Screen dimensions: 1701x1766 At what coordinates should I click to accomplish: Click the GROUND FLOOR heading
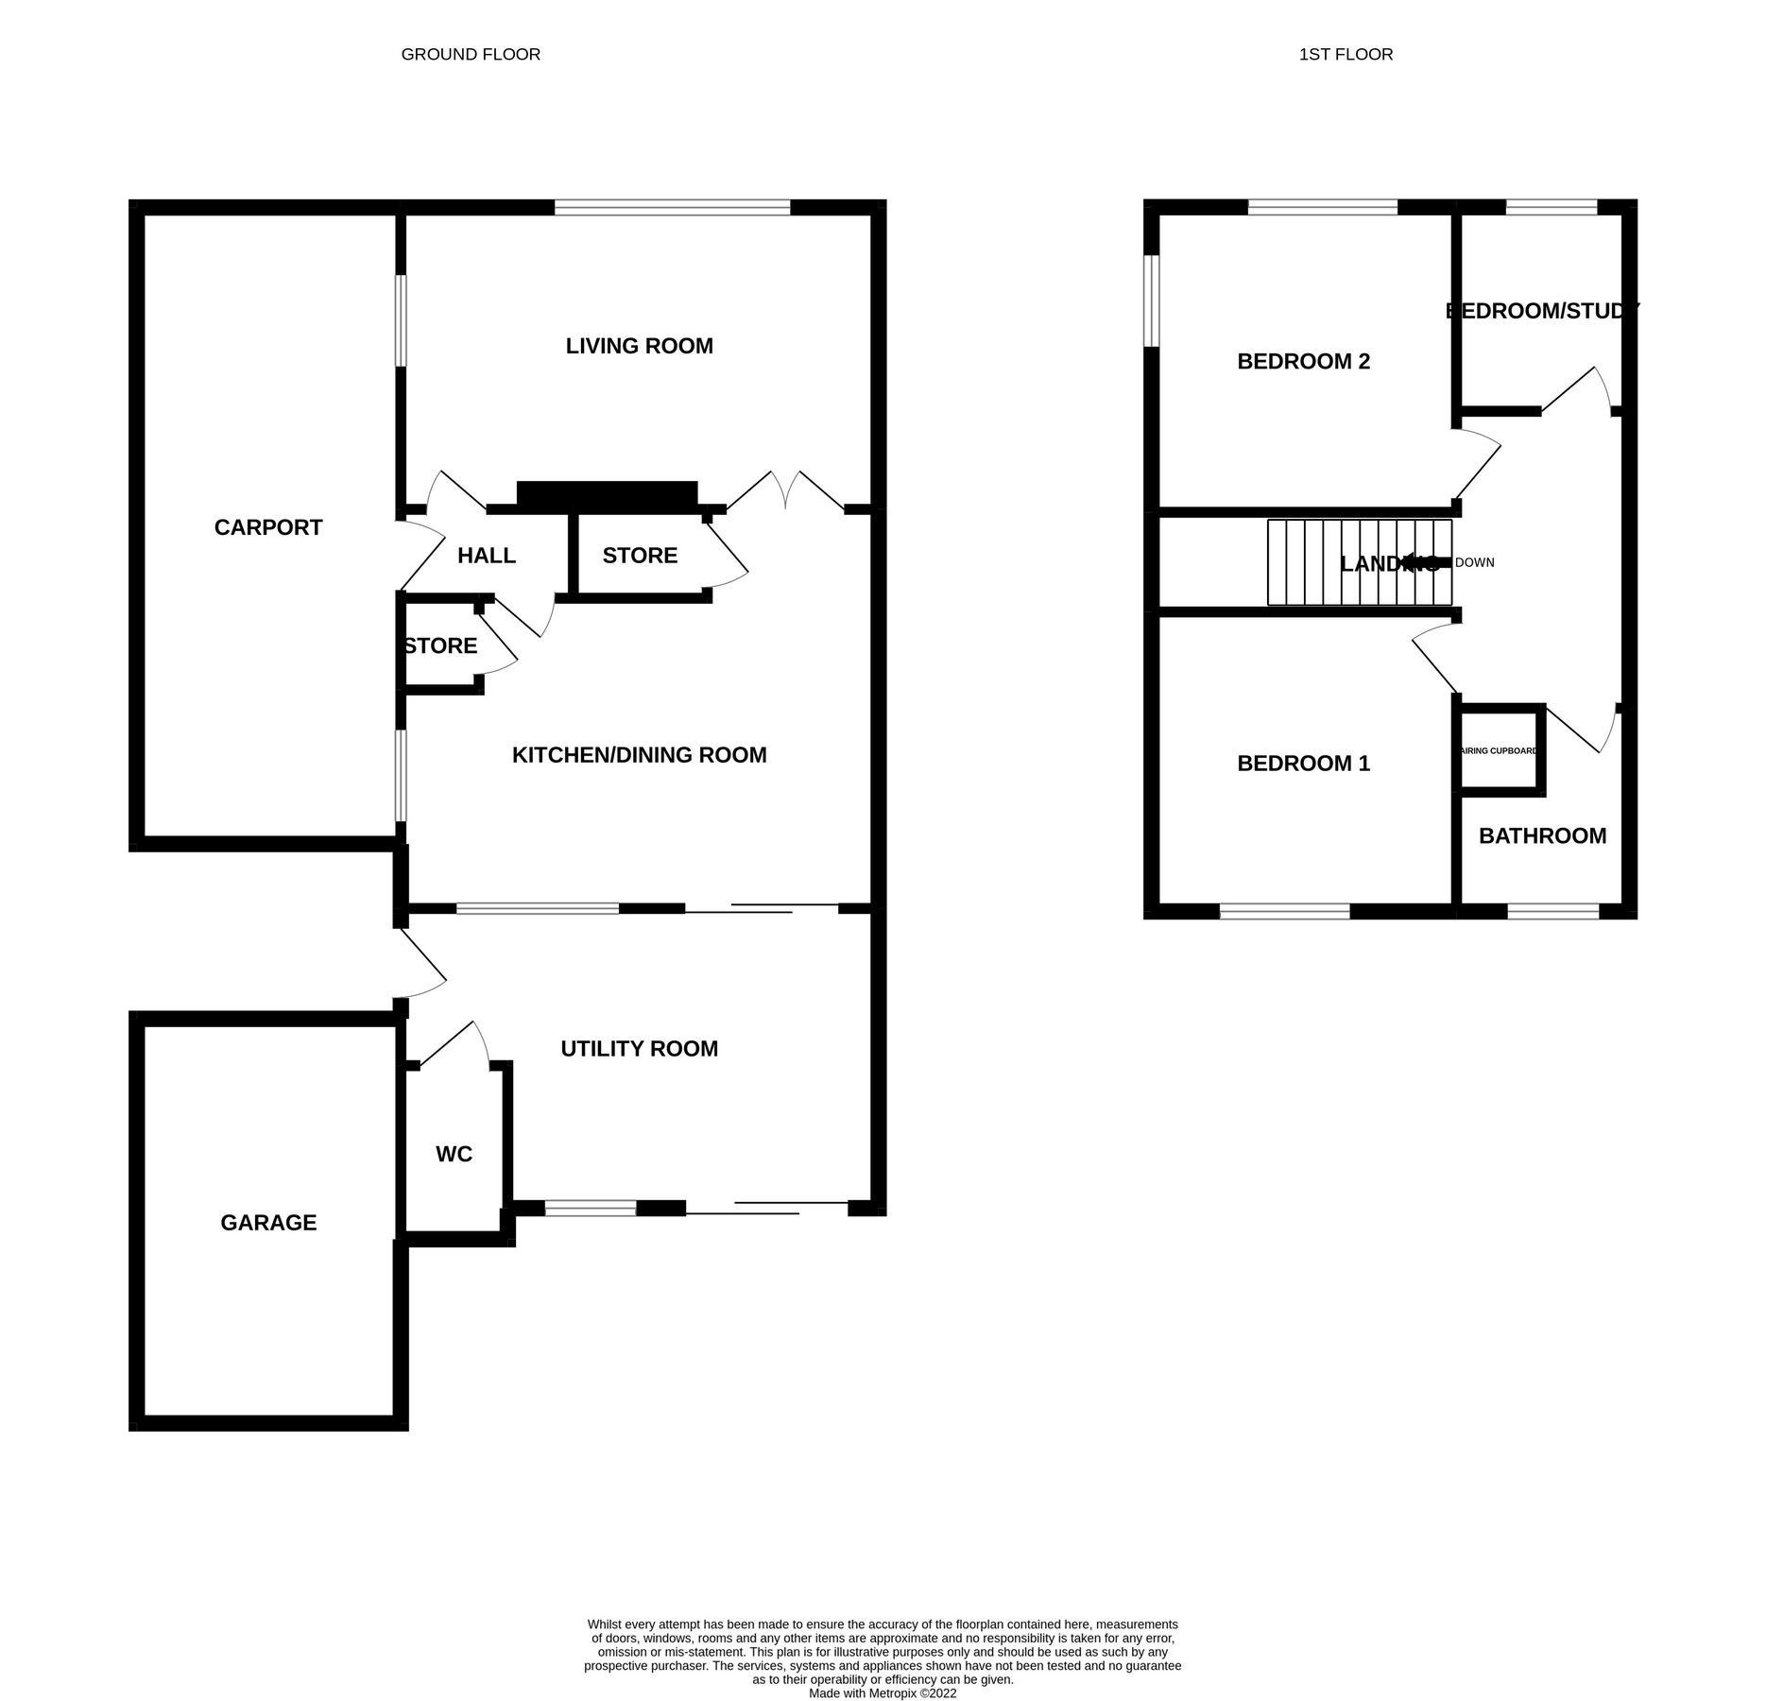471,54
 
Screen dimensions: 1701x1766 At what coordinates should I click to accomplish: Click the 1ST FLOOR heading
1345,54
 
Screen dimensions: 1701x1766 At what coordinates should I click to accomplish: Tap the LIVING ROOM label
639,346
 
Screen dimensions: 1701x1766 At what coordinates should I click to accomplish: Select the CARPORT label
268,527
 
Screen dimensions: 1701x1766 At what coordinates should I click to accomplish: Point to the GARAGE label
268,1222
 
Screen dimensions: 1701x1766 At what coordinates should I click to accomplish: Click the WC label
454,1154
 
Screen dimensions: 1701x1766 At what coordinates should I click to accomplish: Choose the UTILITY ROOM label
639,1048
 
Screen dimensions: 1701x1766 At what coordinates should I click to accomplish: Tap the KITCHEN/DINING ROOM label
639,754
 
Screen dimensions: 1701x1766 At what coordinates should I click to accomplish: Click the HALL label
487,556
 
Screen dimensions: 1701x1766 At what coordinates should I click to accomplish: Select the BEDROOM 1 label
1303,763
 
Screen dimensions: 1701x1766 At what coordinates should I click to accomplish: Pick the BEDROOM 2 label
1303,361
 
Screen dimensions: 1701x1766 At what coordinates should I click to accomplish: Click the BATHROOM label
1542,835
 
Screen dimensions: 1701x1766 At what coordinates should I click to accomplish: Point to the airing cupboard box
1501,749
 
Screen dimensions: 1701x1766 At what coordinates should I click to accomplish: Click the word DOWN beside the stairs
1475,562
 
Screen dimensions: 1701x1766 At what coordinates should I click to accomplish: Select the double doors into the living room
785,491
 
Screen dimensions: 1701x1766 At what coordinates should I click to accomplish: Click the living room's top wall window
672,207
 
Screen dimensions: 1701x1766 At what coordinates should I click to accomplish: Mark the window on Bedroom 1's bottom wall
1284,911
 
